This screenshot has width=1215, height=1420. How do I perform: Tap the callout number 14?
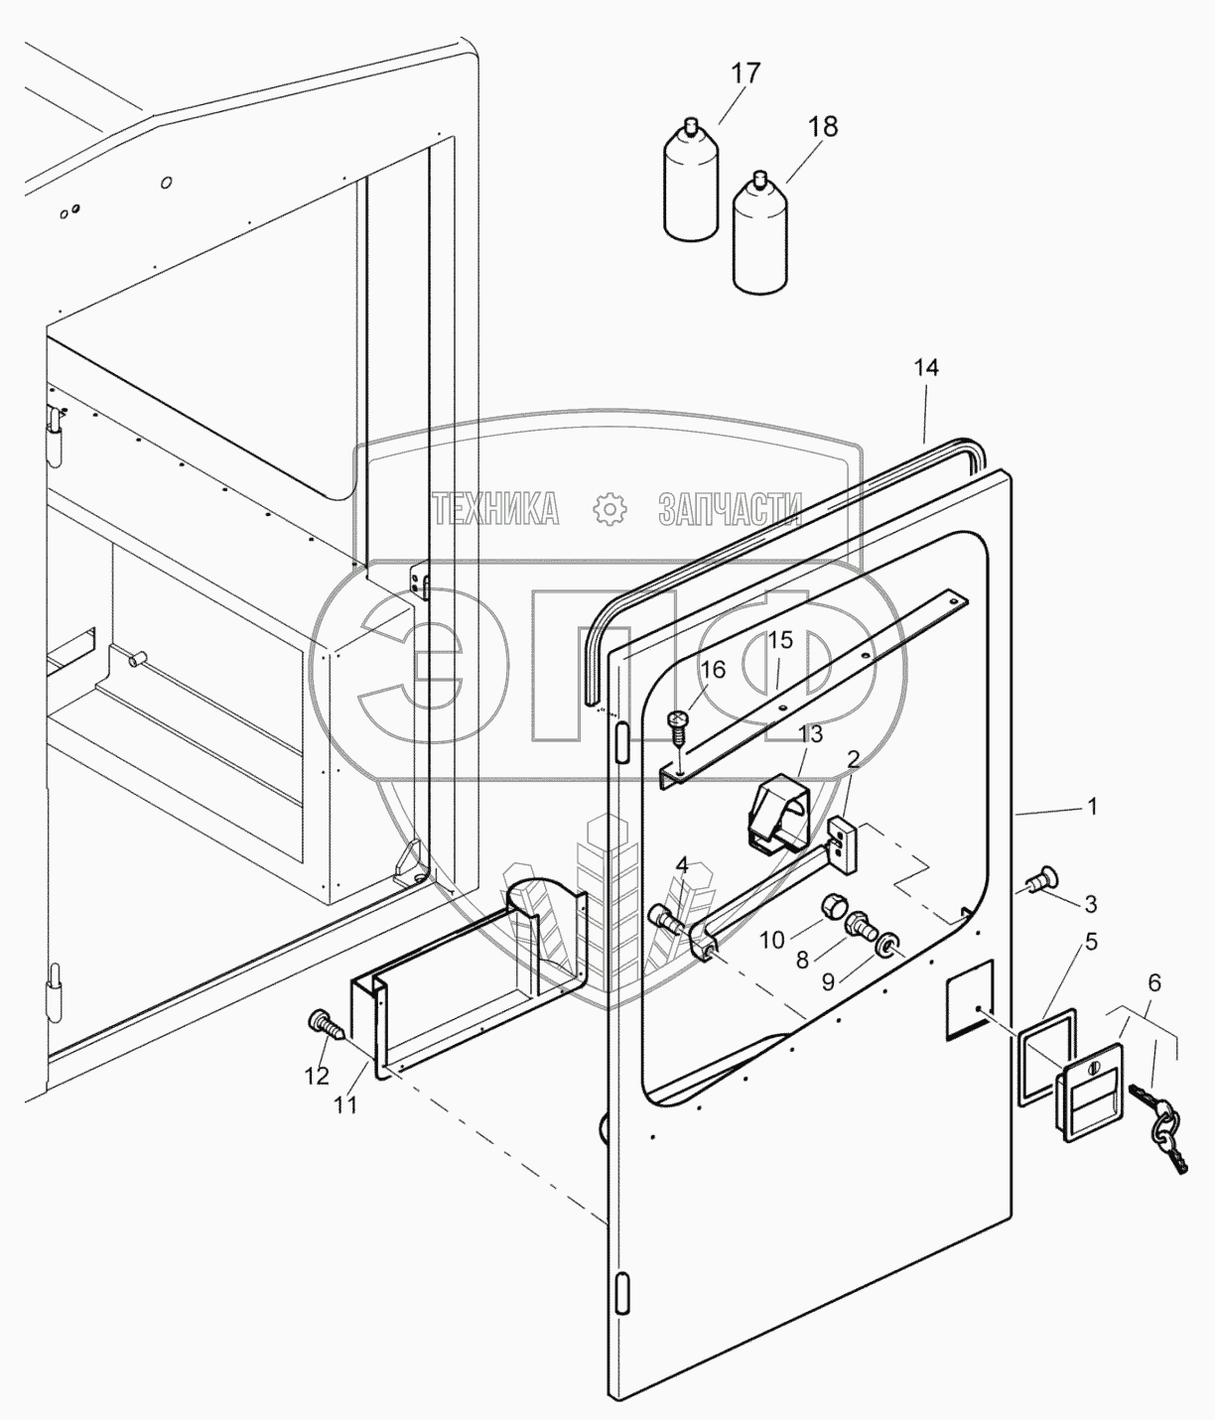(927, 368)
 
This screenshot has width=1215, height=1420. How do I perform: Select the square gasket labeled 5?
(1046, 1053)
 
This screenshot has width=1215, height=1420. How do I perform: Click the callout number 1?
(1092, 808)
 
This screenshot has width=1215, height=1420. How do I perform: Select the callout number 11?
(345, 1103)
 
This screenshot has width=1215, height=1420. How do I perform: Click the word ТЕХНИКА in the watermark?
(496, 509)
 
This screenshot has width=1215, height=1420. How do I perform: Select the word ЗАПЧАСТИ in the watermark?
(731, 509)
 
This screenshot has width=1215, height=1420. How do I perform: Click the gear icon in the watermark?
(610, 509)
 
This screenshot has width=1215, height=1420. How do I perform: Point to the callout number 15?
(781, 641)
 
